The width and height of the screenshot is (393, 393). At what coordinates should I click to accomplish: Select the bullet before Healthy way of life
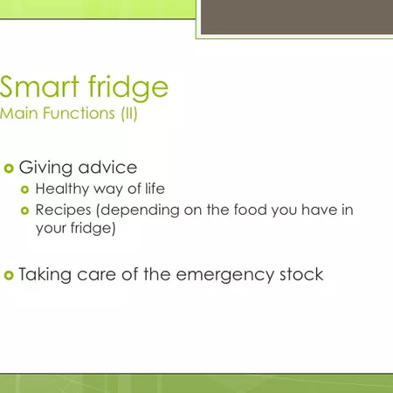[x=25, y=190]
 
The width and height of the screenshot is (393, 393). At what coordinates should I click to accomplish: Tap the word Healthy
[x=61, y=190]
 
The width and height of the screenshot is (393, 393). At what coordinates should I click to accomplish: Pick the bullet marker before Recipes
[x=25, y=210]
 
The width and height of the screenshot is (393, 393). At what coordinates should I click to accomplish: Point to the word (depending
[x=129, y=211]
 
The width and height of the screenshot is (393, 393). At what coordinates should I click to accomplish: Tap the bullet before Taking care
[x=10, y=275]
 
